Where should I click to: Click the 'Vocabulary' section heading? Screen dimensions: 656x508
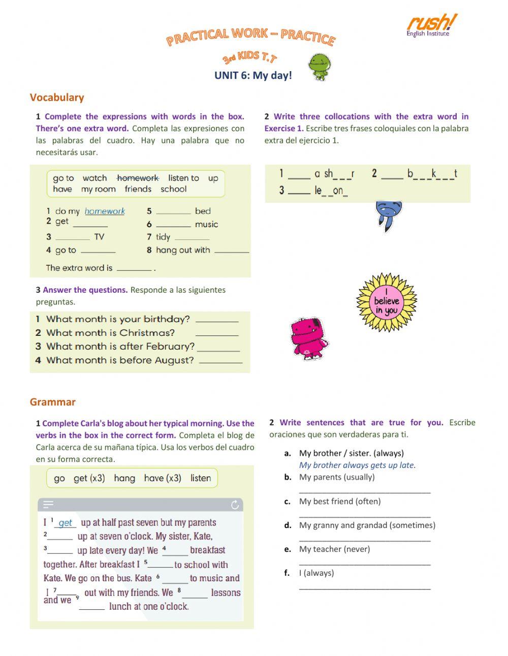(57, 98)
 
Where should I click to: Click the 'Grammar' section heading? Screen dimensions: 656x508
(53, 402)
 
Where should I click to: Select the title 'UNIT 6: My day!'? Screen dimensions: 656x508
(253, 76)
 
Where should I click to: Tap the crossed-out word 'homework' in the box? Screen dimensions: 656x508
(138, 178)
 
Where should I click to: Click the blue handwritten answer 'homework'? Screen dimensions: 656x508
(105, 211)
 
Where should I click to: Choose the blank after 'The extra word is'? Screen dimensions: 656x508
(134, 268)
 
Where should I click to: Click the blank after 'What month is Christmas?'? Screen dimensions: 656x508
(217, 334)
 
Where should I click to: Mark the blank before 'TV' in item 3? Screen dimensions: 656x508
(73, 237)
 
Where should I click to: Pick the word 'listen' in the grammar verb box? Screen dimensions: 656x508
(201, 478)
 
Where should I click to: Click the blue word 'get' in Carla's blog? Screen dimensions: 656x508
(66, 523)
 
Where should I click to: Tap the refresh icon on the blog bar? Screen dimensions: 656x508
(235, 505)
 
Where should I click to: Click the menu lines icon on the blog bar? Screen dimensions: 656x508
(48, 505)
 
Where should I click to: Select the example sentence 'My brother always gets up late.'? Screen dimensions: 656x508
(357, 465)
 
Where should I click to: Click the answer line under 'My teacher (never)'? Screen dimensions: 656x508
(365, 563)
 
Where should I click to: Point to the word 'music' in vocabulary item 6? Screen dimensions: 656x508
(206, 224)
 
